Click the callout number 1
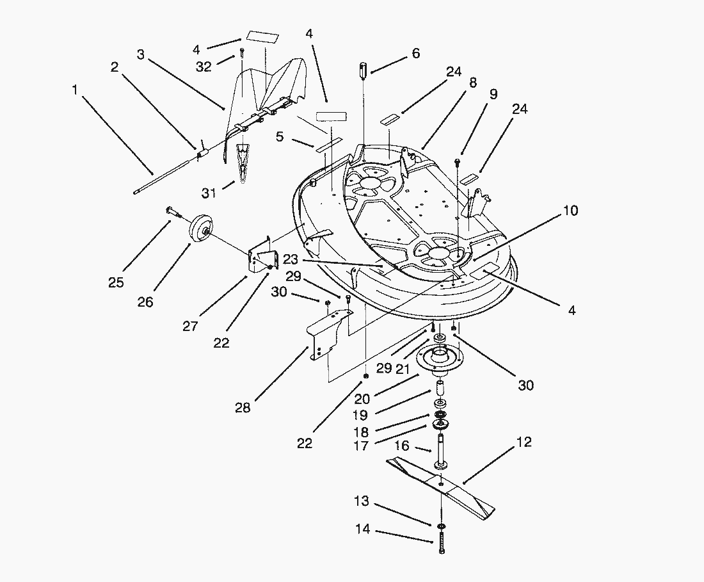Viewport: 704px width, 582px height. pos(75,90)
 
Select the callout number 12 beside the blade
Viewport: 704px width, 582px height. pos(524,442)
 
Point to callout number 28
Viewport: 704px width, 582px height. pos(243,407)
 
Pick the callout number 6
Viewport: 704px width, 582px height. pos(416,54)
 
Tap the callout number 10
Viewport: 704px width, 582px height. pos(571,210)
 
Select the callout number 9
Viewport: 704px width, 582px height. pos(493,94)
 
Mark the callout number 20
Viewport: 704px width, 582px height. pos(362,399)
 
